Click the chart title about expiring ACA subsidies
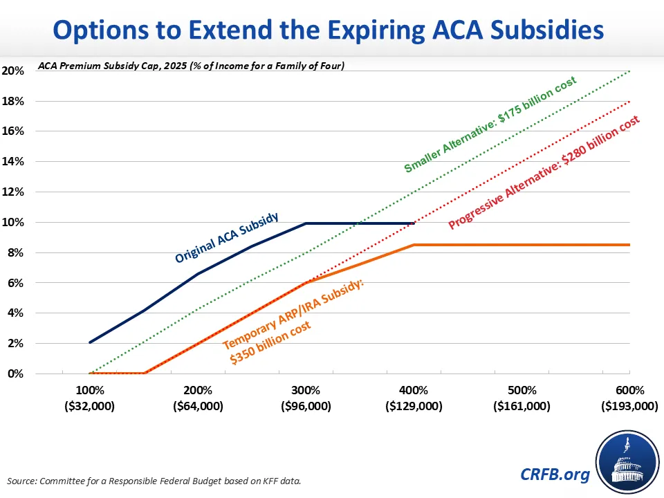coord(332,30)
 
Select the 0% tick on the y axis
coord(15,373)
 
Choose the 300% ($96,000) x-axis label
coord(305,398)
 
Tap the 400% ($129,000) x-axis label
coord(414,398)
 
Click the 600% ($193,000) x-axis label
coord(629,398)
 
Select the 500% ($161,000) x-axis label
coord(522,398)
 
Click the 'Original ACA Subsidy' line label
coord(227,237)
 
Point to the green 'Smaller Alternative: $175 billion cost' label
coord(490,125)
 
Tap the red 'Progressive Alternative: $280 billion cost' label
coord(544,173)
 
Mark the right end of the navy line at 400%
coord(414,223)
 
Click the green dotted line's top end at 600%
coord(629,71)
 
